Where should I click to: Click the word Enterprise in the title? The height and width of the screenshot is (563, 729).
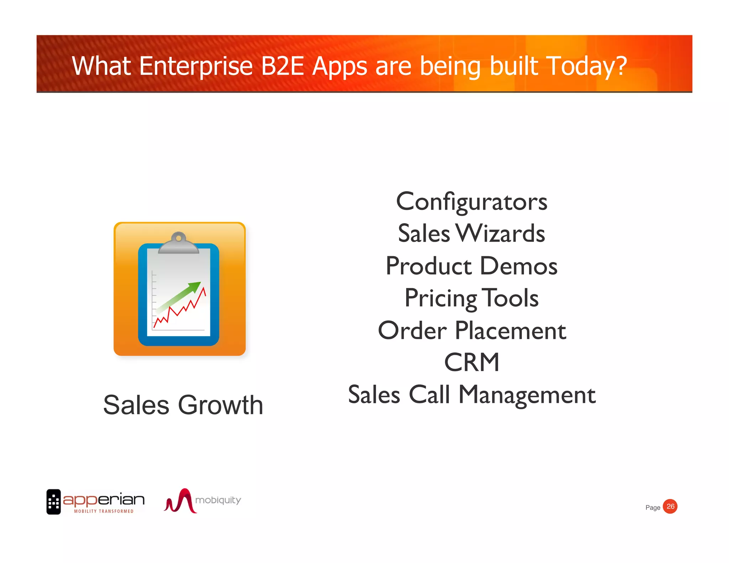point(195,67)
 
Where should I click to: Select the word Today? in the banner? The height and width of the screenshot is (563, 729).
point(586,67)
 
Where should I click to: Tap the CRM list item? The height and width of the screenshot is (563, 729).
point(472,363)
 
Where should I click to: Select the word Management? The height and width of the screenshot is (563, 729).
point(527,395)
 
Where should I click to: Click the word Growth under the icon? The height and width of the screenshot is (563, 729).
point(220,405)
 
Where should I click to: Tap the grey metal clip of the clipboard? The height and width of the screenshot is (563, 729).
point(178,244)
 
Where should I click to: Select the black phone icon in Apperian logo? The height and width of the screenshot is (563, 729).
point(53,502)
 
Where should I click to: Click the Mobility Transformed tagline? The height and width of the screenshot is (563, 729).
point(104,511)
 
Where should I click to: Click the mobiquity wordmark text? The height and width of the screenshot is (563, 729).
point(218,500)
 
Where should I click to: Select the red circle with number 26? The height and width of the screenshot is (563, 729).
point(670,506)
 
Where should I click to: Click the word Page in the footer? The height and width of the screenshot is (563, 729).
point(652,508)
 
